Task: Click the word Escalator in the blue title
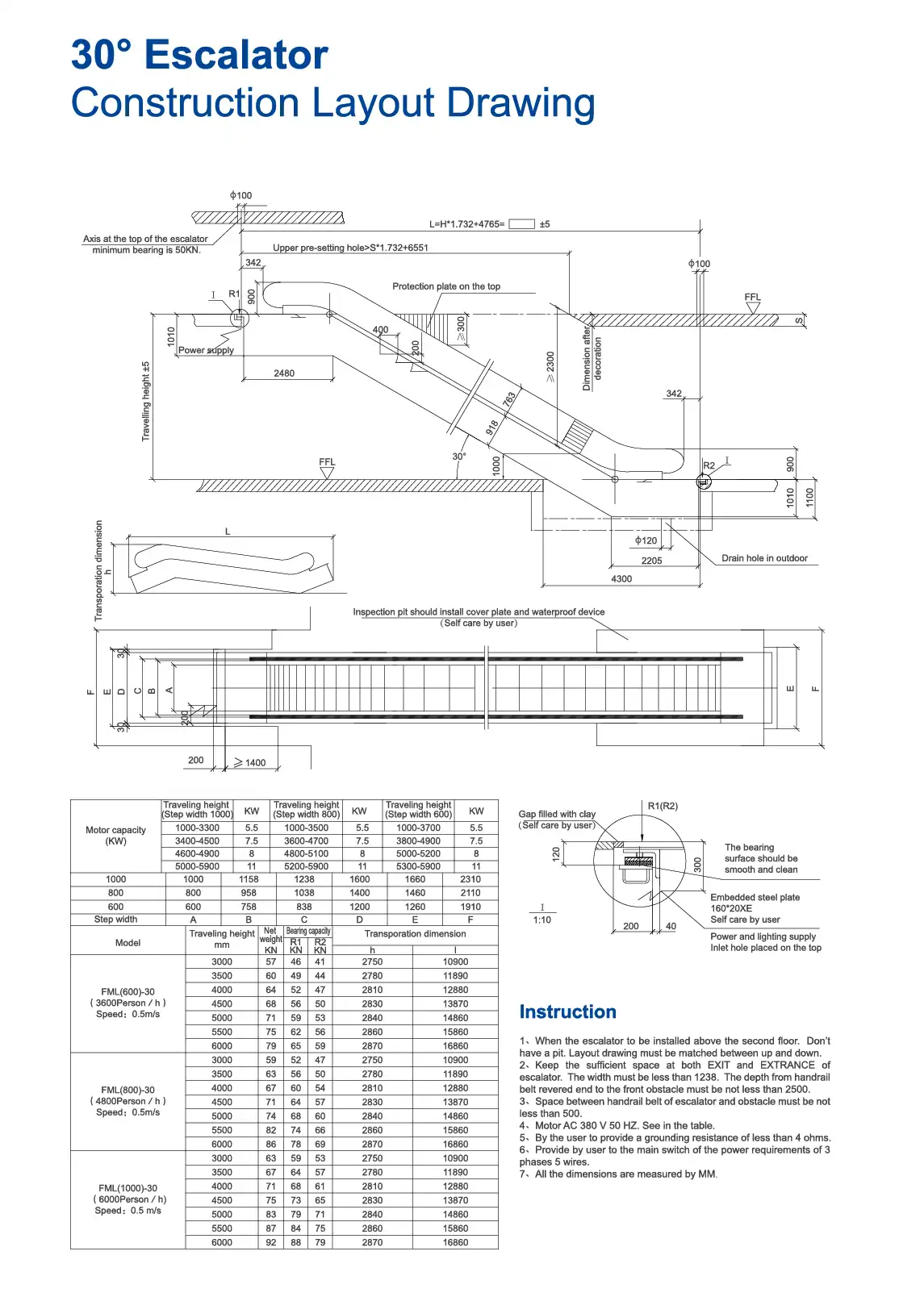tap(236, 55)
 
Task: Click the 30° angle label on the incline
tap(458, 457)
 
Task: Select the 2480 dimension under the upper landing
tap(284, 373)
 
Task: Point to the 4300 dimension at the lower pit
tap(621, 578)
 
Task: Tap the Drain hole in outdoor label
tap(764, 558)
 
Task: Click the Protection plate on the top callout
tap(446, 286)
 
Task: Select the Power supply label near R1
tap(206, 350)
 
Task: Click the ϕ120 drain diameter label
tap(646, 540)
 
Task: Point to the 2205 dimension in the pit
tap(651, 561)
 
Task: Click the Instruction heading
tap(567, 1011)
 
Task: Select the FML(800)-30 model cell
tap(128, 1090)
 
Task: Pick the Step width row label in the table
tap(115, 920)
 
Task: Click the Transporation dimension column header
tap(415, 934)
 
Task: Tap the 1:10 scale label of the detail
tap(541, 920)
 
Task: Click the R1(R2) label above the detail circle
tap(663, 806)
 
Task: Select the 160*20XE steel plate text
tap(731, 908)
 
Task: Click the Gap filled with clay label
tap(557, 814)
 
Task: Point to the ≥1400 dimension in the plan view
tap(250, 762)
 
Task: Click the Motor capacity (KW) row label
tap(115, 835)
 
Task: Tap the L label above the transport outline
tap(228, 532)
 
